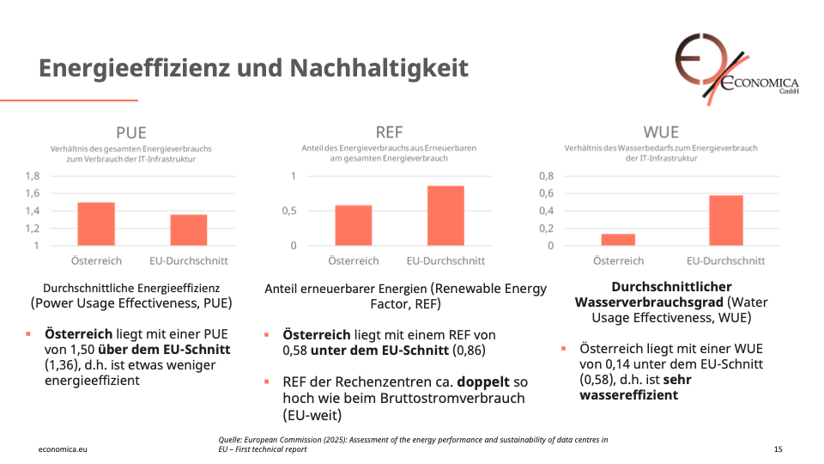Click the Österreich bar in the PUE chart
[95, 224]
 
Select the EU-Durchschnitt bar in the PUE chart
[188, 230]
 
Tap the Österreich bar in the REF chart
[353, 225]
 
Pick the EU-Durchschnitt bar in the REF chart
[445, 216]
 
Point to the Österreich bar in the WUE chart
[618, 240]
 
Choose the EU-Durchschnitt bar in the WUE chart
[725, 221]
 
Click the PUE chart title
[131, 132]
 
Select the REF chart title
[389, 132]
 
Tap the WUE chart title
[661, 132]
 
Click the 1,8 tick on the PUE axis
[32, 176]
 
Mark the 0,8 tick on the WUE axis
[545, 176]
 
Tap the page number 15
[778, 449]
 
